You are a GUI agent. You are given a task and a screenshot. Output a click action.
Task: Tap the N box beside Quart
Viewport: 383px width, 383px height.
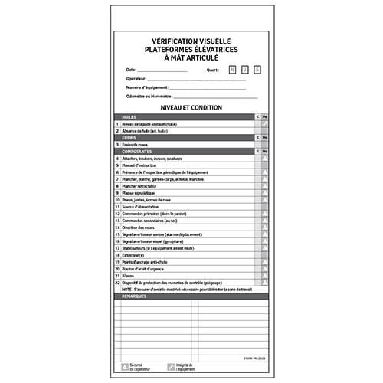point(232,70)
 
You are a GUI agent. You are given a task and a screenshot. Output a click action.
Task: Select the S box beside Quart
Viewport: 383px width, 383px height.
point(257,70)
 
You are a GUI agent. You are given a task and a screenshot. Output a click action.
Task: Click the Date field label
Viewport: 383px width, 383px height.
point(131,70)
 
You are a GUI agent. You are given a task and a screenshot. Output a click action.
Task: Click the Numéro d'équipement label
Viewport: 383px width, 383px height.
point(147,87)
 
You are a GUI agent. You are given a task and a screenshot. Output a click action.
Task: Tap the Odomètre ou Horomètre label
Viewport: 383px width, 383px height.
point(149,97)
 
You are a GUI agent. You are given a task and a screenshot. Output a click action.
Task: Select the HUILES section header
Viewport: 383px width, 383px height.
point(129,117)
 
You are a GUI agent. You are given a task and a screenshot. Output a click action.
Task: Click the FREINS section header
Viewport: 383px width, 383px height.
point(129,138)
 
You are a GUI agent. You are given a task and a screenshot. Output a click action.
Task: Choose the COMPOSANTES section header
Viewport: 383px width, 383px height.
point(136,152)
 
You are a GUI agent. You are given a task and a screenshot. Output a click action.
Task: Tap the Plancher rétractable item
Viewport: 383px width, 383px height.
point(142,186)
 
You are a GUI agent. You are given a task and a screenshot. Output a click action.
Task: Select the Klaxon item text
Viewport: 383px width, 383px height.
point(127,276)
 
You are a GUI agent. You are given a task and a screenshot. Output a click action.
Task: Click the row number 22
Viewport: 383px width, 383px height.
point(117,283)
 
